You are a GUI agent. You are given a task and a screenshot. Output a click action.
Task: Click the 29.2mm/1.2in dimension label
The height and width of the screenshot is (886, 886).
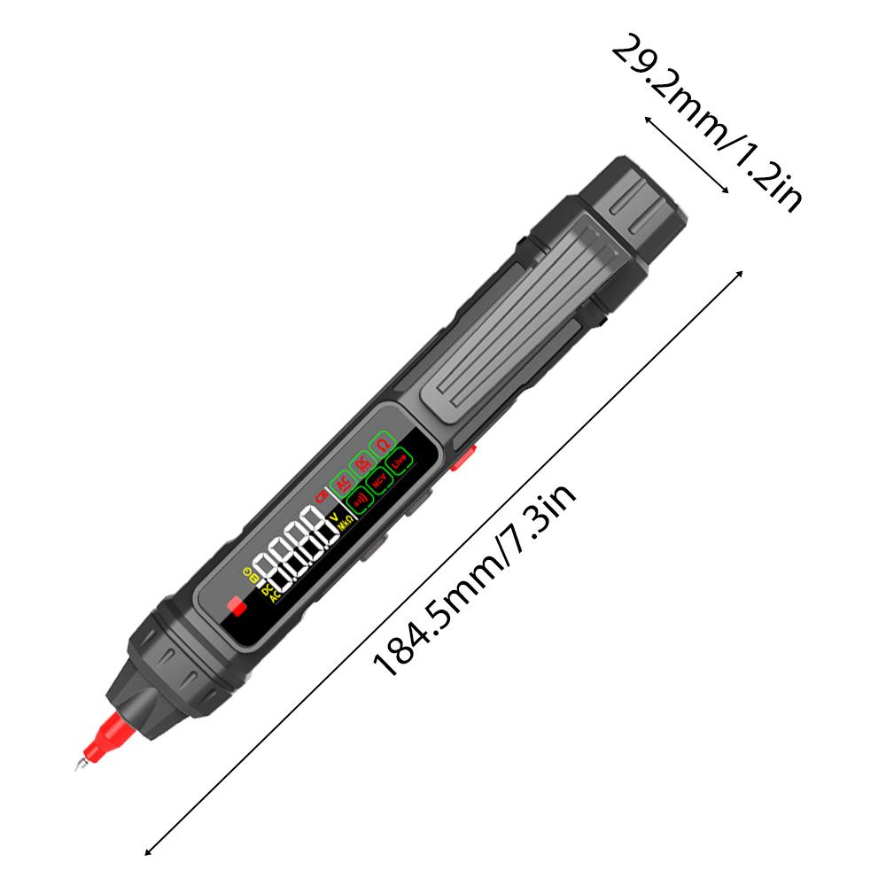tap(706, 122)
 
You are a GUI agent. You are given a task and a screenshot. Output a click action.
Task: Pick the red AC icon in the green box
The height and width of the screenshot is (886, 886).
tap(342, 482)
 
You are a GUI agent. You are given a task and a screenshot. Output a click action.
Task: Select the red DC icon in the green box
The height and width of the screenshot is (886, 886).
tap(362, 462)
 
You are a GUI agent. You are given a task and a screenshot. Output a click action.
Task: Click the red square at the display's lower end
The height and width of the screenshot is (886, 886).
tap(236, 607)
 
